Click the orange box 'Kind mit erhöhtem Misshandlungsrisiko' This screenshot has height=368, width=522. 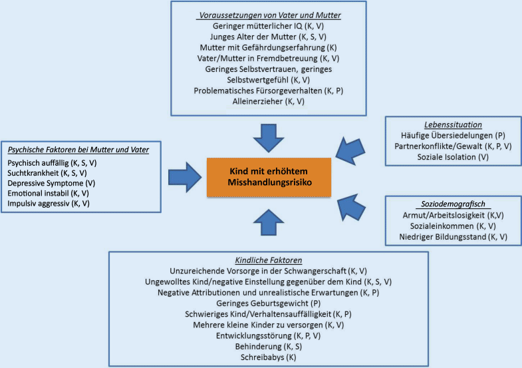[x=269, y=177]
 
